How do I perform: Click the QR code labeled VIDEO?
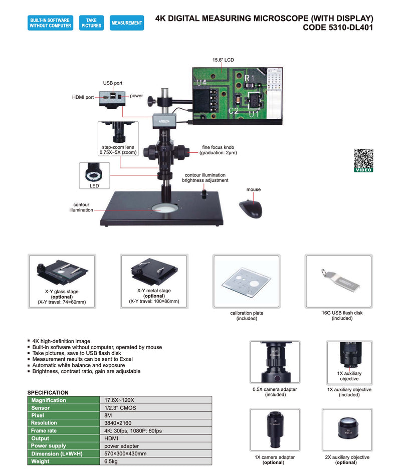coord(363,159)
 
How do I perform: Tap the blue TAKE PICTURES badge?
coord(91,23)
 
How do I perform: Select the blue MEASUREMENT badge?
coord(127,23)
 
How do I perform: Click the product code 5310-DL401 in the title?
coord(338,28)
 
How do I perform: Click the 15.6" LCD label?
coord(223,60)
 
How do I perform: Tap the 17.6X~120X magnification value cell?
coord(156,400)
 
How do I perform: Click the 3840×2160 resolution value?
coord(156,423)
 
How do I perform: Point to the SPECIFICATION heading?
coord(48,392)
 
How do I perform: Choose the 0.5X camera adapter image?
coord(275,362)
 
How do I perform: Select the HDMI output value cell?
coord(156,438)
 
